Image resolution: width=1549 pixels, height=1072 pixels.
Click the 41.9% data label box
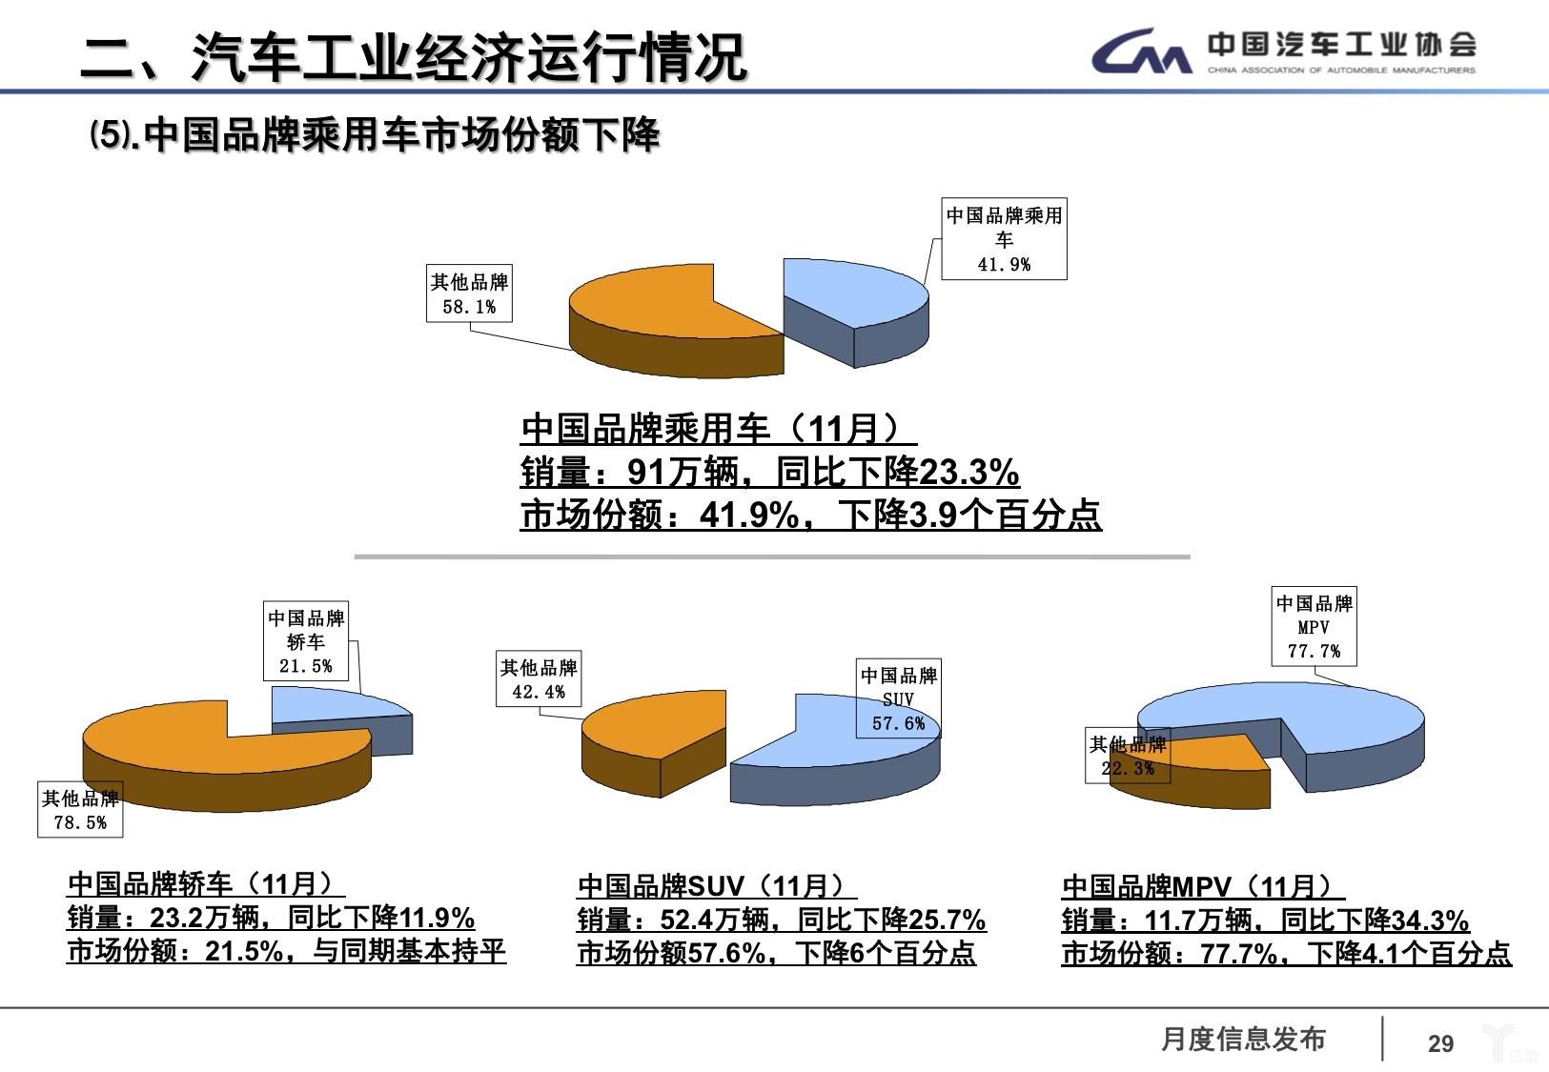1004,238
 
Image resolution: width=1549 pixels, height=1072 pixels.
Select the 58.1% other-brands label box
470,293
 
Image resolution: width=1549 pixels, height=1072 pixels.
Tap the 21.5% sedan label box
306,641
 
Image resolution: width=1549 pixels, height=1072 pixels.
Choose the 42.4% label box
539,678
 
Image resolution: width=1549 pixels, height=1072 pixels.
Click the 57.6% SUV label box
898,698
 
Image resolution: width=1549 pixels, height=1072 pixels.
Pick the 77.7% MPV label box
1314,626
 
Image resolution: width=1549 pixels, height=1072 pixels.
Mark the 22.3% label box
1128,756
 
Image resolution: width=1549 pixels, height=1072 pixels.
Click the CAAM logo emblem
1142,51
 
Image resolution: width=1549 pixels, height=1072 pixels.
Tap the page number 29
1441,1043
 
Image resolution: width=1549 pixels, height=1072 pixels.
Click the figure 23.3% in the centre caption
969,472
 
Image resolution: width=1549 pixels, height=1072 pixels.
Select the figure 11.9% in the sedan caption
437,918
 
